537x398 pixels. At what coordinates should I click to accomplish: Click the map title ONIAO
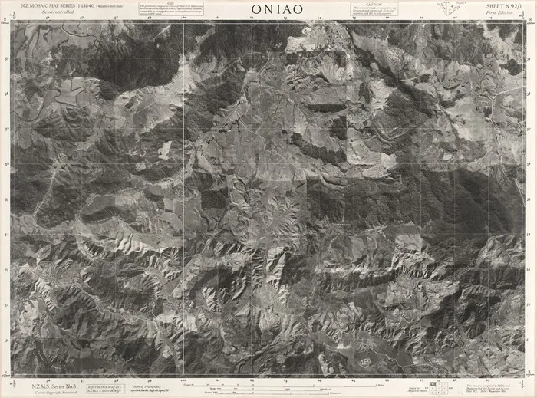click(276, 9)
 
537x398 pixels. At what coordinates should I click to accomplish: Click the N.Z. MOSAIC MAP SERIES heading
click(58, 5)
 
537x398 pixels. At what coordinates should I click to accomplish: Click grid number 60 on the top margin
click(184, 18)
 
